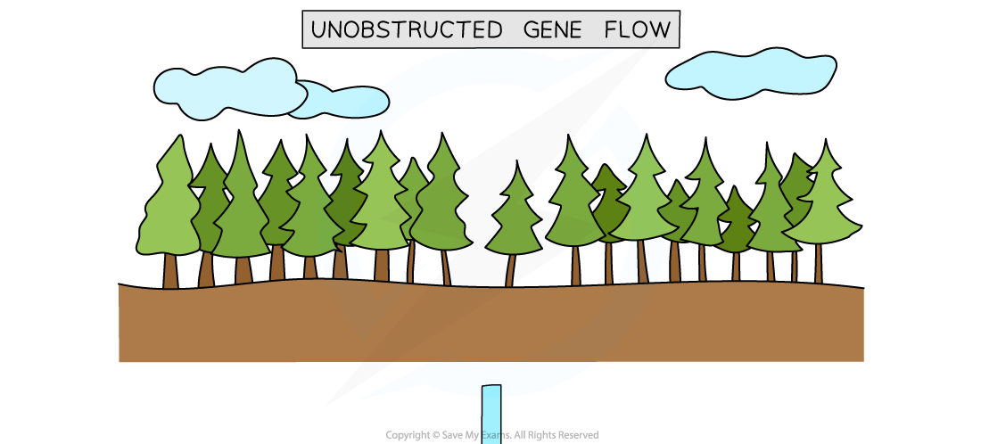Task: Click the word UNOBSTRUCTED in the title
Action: click(x=406, y=30)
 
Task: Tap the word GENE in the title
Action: click(x=552, y=30)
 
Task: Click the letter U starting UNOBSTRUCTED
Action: click(x=318, y=30)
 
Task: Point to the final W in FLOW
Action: click(x=660, y=30)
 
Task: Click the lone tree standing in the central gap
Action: click(x=515, y=218)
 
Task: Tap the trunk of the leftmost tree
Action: click(x=170, y=270)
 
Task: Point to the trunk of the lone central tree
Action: click(x=511, y=270)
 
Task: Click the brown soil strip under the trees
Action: click(x=490, y=325)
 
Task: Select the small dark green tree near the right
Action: click(x=737, y=225)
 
